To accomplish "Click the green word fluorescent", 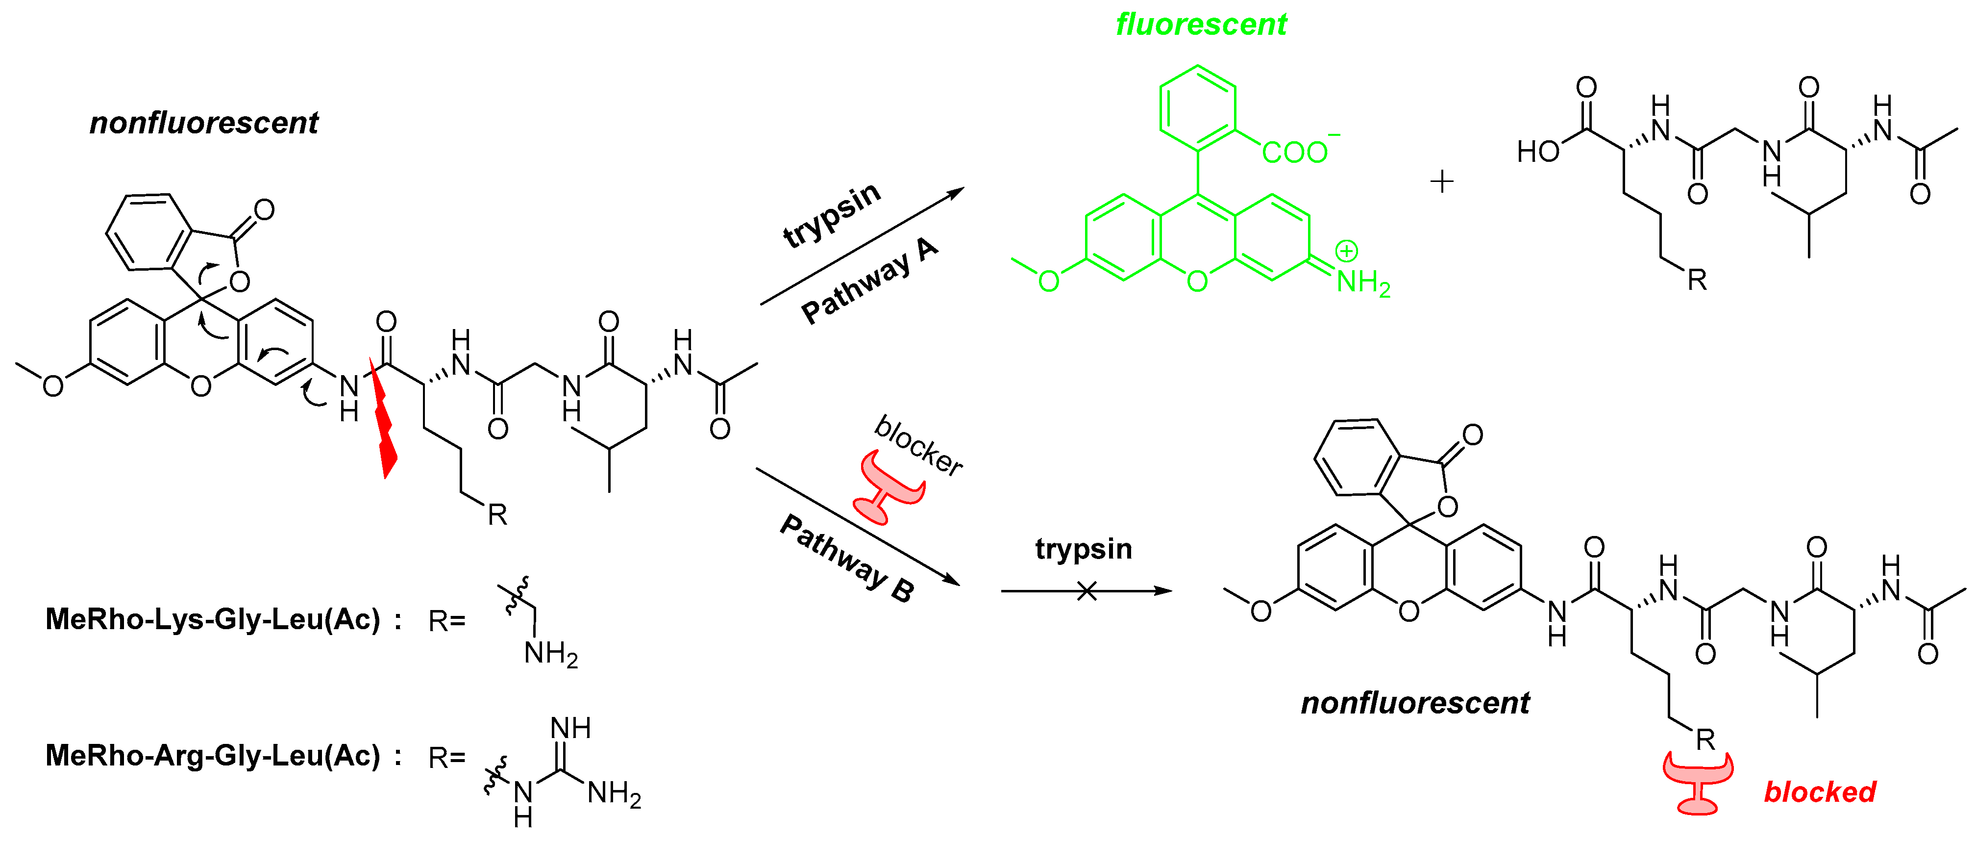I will [1201, 25].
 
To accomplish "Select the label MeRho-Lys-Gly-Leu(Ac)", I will [213, 618].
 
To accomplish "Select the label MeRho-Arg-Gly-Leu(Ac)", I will [213, 755].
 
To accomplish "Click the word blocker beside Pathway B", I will [918, 445].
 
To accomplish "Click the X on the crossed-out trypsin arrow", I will [1086, 591].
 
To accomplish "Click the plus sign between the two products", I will [1442, 182].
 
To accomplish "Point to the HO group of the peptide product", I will [1538, 151].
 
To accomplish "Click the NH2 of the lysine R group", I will [550, 654].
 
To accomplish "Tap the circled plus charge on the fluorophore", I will [1346, 251].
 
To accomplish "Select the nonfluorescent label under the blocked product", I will [1415, 703].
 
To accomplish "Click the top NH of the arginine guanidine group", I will [571, 727].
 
